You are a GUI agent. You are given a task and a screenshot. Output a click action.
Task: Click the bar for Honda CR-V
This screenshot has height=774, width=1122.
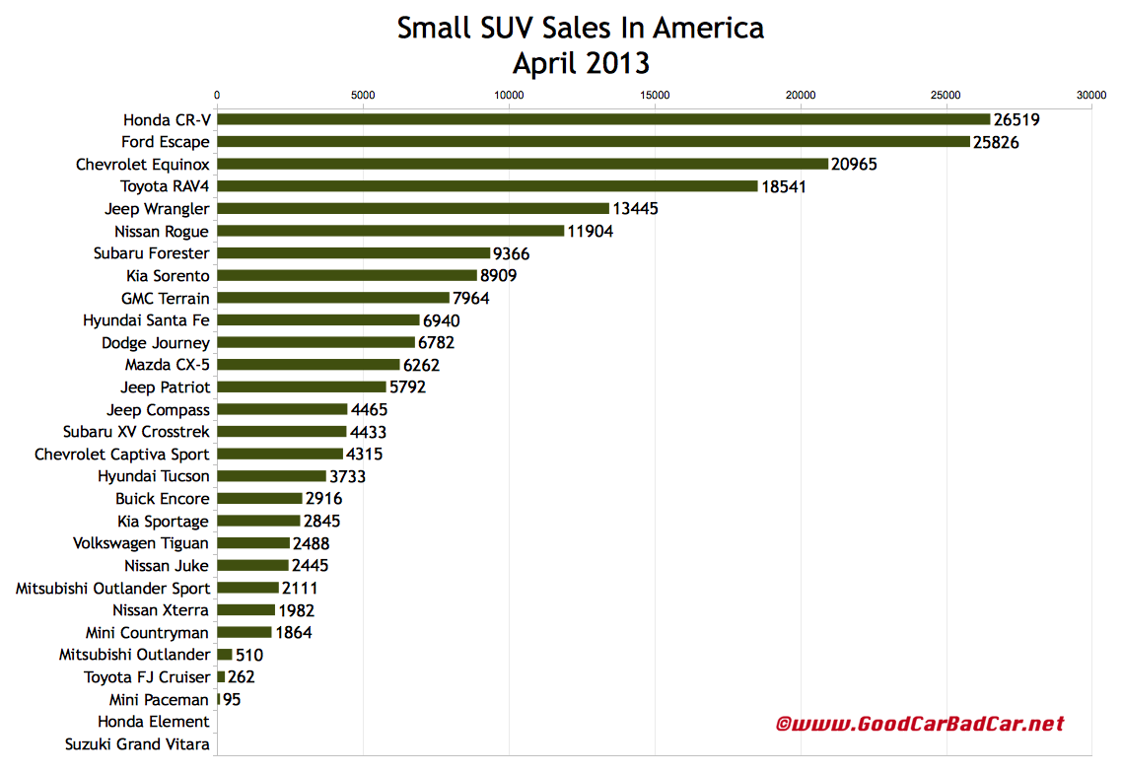[x=602, y=119]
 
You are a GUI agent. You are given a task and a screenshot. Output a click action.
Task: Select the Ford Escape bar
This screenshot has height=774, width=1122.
[x=593, y=142]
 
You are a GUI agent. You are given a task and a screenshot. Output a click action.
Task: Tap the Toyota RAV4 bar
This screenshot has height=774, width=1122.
[x=487, y=186]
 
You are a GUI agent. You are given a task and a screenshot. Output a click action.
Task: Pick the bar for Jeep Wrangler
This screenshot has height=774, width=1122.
[x=412, y=208]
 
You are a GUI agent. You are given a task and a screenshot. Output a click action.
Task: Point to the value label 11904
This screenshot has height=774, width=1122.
[x=596, y=231]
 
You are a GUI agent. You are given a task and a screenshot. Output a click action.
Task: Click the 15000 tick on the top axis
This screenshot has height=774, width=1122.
[x=654, y=96]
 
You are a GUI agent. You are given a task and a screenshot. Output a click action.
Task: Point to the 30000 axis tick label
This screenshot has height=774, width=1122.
[x=1091, y=96]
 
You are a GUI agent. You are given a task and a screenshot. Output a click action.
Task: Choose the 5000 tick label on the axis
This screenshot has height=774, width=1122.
[x=363, y=96]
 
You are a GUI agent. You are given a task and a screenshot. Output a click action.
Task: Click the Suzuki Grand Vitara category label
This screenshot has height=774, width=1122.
[x=137, y=744]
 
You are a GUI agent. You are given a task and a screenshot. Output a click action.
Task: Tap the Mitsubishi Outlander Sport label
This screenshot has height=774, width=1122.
[x=112, y=588]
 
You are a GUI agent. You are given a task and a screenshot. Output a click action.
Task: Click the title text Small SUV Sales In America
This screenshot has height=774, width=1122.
[x=580, y=28]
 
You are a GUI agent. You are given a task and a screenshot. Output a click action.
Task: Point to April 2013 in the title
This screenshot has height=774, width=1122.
[x=580, y=63]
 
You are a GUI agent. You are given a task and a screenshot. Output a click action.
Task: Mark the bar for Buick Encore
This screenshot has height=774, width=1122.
[x=259, y=499]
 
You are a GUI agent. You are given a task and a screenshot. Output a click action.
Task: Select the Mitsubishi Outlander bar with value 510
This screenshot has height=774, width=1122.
[x=224, y=655]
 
